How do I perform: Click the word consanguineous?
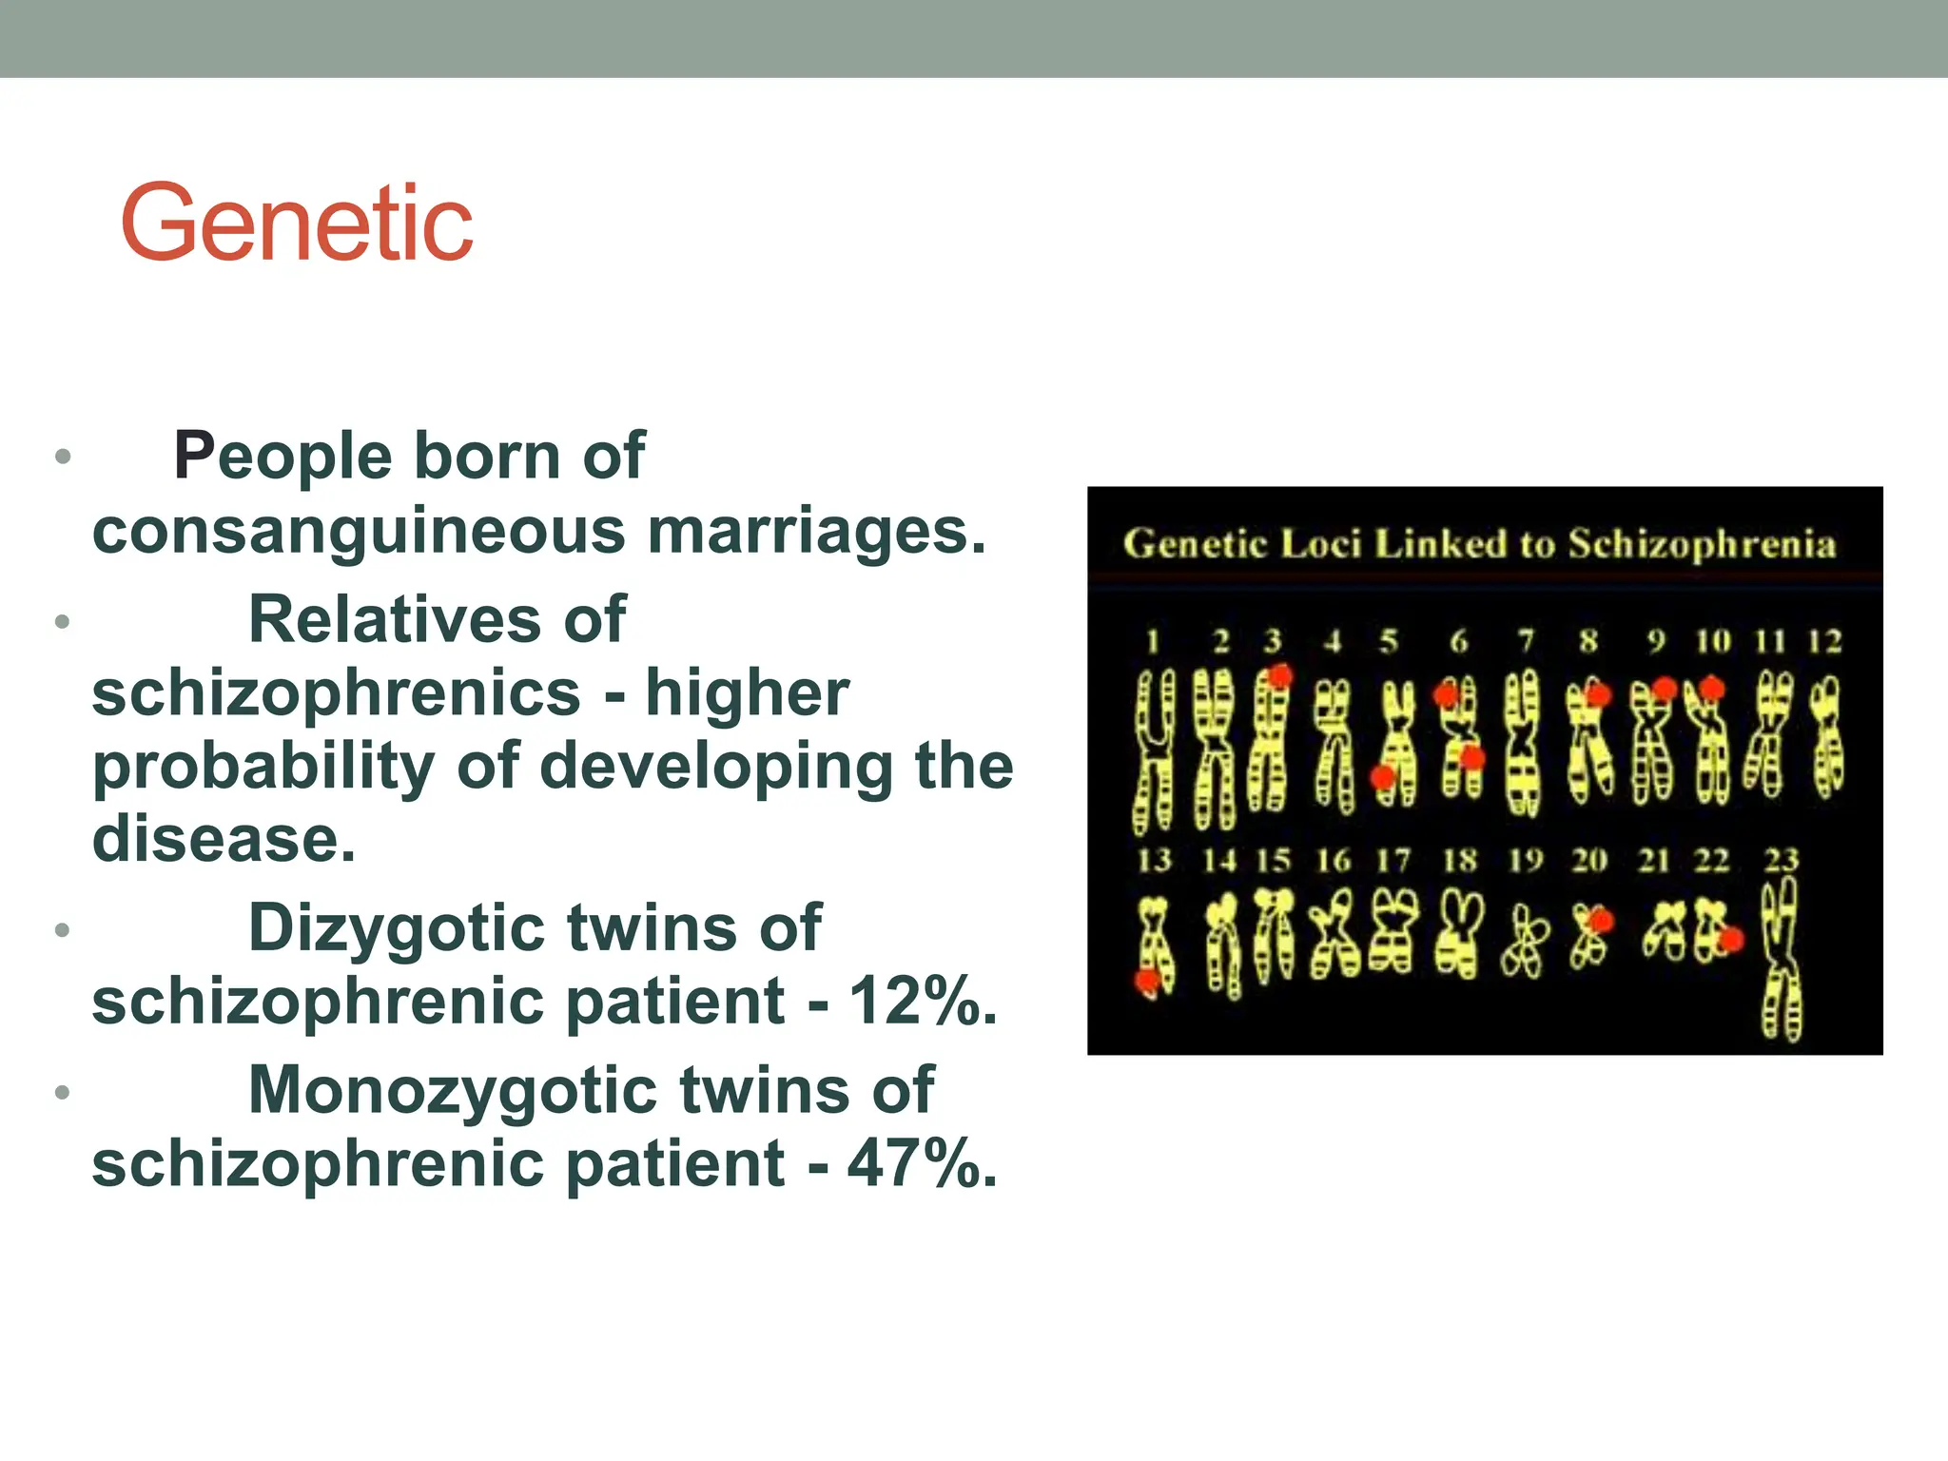359,531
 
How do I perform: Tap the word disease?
224,839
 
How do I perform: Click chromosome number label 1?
1153,642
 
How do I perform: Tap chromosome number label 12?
1824,642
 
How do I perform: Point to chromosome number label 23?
1781,860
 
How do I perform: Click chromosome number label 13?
1155,860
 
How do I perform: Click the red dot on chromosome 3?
1280,676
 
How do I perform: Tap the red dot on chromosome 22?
1731,940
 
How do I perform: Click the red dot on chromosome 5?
1382,778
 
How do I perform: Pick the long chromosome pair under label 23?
1781,961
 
